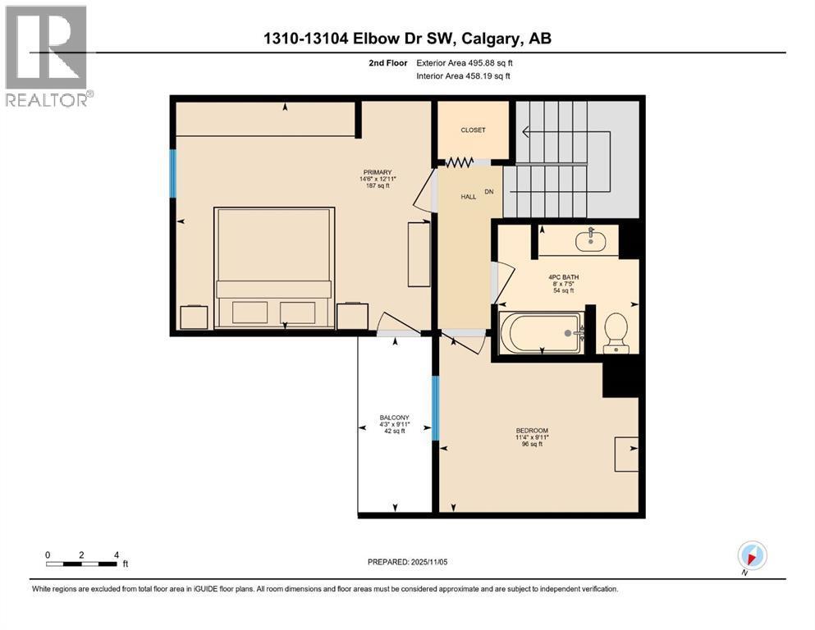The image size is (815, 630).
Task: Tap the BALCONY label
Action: (x=395, y=418)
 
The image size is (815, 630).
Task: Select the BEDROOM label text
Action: (x=532, y=431)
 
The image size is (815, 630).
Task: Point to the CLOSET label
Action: (x=473, y=130)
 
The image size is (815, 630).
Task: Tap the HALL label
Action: (x=468, y=197)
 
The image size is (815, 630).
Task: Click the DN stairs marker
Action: (x=490, y=191)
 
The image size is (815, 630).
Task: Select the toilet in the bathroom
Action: (x=616, y=333)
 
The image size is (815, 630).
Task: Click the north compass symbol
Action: (x=752, y=555)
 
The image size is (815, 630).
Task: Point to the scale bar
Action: (x=81, y=564)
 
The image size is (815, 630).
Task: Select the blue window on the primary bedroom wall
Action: (x=173, y=173)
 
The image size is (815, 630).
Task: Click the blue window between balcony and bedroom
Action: (x=436, y=407)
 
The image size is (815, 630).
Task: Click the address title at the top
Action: (x=407, y=39)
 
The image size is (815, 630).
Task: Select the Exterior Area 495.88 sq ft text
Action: (x=465, y=62)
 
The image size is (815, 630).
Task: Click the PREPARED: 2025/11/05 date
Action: (x=407, y=562)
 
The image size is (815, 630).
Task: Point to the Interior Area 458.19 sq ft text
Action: (x=463, y=76)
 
